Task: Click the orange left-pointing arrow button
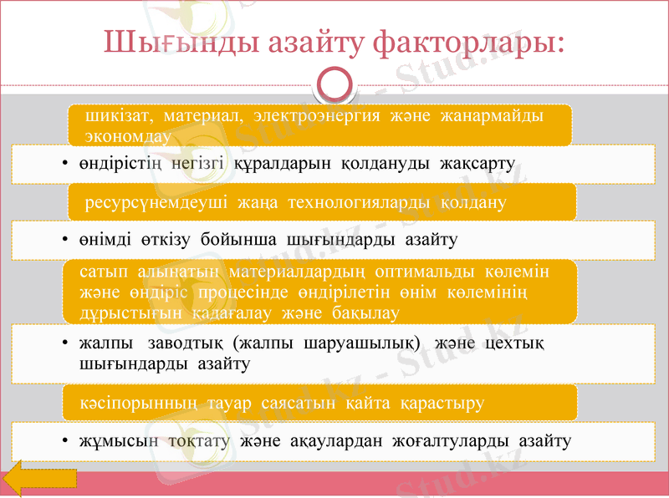pyautogui.click(x=40, y=481)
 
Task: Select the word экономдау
pyautogui.click(x=128, y=135)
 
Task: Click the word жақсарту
pyautogui.click(x=481, y=163)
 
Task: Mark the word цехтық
pyautogui.click(x=517, y=344)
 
